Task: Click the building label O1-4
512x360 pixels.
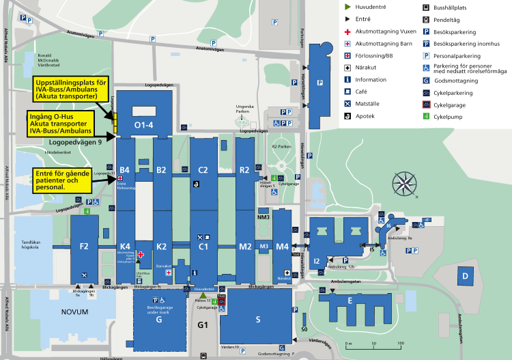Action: tap(143, 125)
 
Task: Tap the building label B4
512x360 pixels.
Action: tap(125, 169)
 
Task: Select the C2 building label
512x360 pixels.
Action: tap(203, 169)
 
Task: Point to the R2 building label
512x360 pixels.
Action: tap(244, 169)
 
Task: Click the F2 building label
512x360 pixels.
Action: tap(84, 246)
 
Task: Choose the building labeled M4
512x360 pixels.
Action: tap(282, 246)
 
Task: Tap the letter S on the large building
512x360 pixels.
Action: tap(257, 319)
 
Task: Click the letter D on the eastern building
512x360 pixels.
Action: tap(464, 275)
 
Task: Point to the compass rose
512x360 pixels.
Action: tap(405, 184)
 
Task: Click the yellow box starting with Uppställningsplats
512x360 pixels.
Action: tap(71, 89)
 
